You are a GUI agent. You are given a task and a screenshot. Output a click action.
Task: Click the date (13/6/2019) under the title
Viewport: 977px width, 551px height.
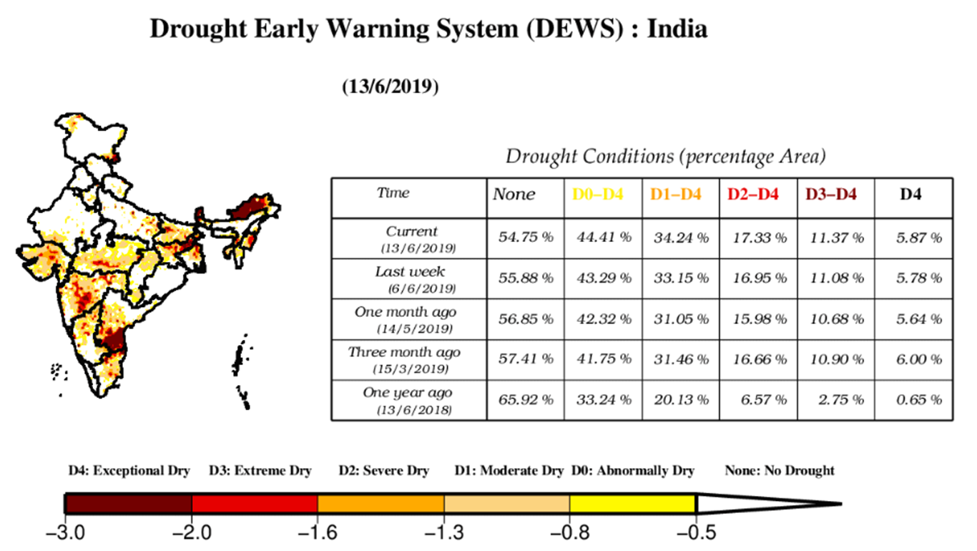tap(391, 87)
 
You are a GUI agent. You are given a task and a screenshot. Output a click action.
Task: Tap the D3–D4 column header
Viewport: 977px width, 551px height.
tap(830, 194)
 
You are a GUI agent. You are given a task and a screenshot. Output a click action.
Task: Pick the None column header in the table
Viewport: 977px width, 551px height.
tap(514, 195)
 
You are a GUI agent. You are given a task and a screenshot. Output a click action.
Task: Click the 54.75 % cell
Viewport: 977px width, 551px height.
tap(526, 238)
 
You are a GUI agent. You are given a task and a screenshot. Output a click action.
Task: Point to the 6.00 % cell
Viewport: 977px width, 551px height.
tap(919, 359)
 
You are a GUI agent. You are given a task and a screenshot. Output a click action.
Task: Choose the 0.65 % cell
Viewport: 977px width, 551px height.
tap(919, 400)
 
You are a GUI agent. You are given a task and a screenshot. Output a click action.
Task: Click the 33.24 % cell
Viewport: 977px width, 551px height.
tap(604, 400)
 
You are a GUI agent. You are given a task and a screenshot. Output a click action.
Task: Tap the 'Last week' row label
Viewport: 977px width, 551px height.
tap(410, 272)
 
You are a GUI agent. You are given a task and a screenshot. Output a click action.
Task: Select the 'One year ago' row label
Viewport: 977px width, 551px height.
tap(408, 393)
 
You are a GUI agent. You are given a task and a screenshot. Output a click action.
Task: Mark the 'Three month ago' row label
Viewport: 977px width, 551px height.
tap(405, 353)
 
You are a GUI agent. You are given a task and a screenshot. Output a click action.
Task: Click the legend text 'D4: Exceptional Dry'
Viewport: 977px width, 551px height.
tap(129, 471)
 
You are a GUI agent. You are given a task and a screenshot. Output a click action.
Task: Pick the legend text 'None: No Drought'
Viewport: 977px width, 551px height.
tap(780, 471)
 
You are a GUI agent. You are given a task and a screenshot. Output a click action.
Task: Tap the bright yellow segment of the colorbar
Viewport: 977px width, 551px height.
tap(633, 504)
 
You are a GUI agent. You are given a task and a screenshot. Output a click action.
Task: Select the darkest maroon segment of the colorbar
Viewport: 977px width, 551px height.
tap(129, 504)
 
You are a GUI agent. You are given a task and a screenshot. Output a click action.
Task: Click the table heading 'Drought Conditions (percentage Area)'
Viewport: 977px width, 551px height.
tap(666, 156)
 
